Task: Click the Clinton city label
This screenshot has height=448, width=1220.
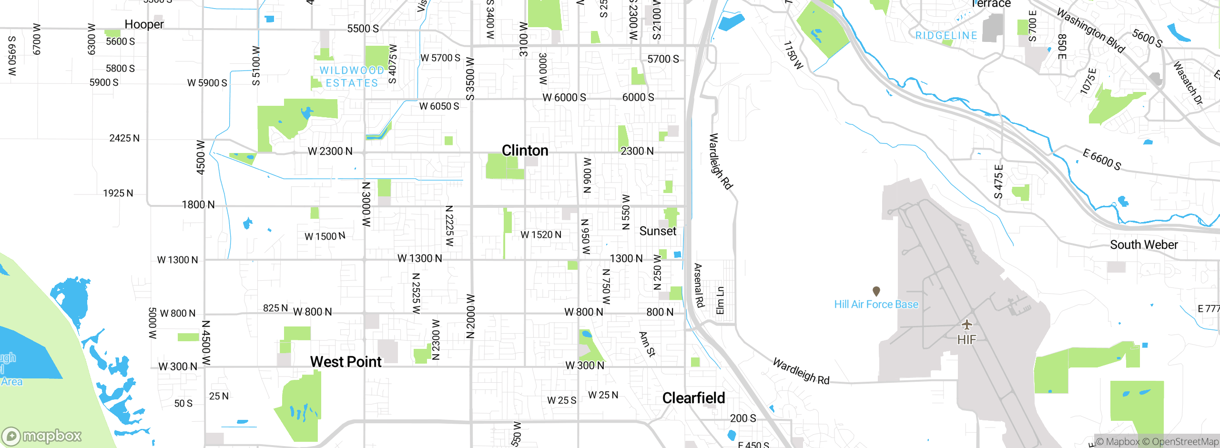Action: click(x=525, y=151)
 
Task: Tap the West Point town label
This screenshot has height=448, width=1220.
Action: click(x=346, y=362)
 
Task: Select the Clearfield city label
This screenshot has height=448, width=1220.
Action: click(x=693, y=398)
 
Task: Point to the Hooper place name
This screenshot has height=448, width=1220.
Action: click(x=144, y=24)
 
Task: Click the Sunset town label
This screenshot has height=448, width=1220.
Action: click(x=657, y=231)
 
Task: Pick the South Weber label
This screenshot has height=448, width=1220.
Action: click(x=1143, y=244)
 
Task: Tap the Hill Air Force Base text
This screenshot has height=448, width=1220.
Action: click(x=876, y=304)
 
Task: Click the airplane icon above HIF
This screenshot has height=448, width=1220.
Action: click(x=966, y=325)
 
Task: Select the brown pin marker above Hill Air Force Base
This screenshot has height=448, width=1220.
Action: click(x=876, y=291)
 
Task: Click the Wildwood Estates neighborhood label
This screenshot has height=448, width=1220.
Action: click(x=352, y=77)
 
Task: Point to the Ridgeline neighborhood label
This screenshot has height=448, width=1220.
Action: click(x=946, y=35)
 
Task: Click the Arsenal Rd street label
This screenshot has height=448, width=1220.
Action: click(x=698, y=285)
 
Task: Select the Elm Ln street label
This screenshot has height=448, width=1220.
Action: click(x=720, y=300)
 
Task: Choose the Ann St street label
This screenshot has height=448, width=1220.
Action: click(x=647, y=344)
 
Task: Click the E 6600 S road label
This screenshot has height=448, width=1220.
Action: click(x=1101, y=159)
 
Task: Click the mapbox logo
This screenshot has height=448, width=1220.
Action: click(x=42, y=436)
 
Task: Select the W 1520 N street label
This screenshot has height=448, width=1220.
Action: click(x=540, y=234)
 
